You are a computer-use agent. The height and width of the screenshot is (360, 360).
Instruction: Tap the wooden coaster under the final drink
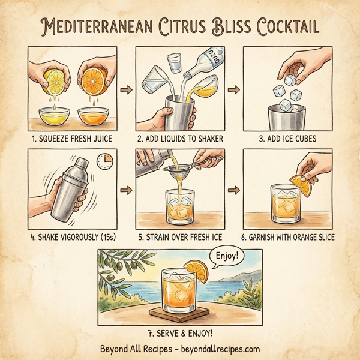click(x=179, y=311)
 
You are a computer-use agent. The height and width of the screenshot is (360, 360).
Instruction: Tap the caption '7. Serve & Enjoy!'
click(x=179, y=332)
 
